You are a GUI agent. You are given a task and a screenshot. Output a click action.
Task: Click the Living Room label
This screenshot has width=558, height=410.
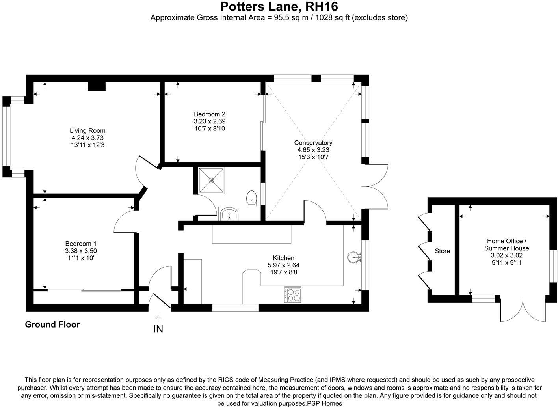(87, 130)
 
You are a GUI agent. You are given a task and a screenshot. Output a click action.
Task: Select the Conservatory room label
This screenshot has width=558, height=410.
(313, 143)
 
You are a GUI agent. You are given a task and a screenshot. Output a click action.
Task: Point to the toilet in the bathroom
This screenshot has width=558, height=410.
(251, 198)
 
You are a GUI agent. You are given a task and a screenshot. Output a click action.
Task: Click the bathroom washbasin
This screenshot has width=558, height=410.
(229, 214)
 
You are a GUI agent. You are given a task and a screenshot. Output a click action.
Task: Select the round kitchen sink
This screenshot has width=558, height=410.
(353, 258)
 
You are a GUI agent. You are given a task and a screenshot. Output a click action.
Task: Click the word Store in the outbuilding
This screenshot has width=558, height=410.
(442, 251)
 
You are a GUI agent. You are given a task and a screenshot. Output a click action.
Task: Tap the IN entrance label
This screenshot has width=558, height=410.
(158, 329)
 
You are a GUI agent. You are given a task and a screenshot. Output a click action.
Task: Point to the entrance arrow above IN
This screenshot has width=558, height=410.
(158, 318)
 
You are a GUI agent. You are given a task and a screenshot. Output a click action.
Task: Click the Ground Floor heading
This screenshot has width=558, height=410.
(52, 324)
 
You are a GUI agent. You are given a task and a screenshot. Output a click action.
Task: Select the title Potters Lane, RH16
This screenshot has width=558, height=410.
(279, 7)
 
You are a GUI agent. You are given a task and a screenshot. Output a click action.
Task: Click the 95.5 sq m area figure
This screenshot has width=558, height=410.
(286, 18)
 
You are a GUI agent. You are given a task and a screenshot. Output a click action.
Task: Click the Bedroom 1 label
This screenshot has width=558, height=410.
(81, 244)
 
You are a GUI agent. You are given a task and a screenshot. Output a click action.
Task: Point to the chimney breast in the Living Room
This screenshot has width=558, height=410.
(97, 86)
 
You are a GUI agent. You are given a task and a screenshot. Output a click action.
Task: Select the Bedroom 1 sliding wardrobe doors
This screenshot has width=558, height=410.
(84, 291)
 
